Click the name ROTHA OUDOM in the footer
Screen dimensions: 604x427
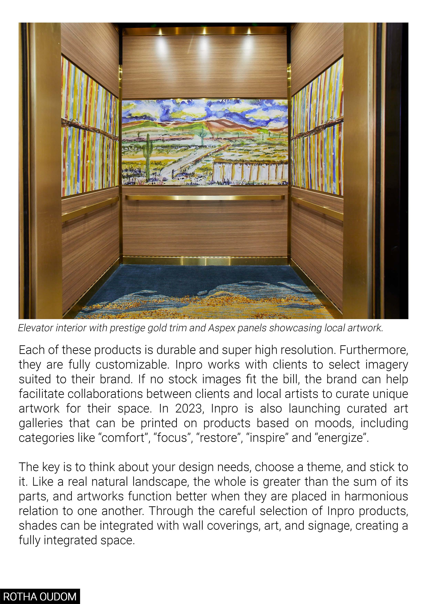[x=40, y=596]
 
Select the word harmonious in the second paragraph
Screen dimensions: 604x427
[x=376, y=496]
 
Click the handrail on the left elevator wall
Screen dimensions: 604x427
[x=89, y=208]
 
